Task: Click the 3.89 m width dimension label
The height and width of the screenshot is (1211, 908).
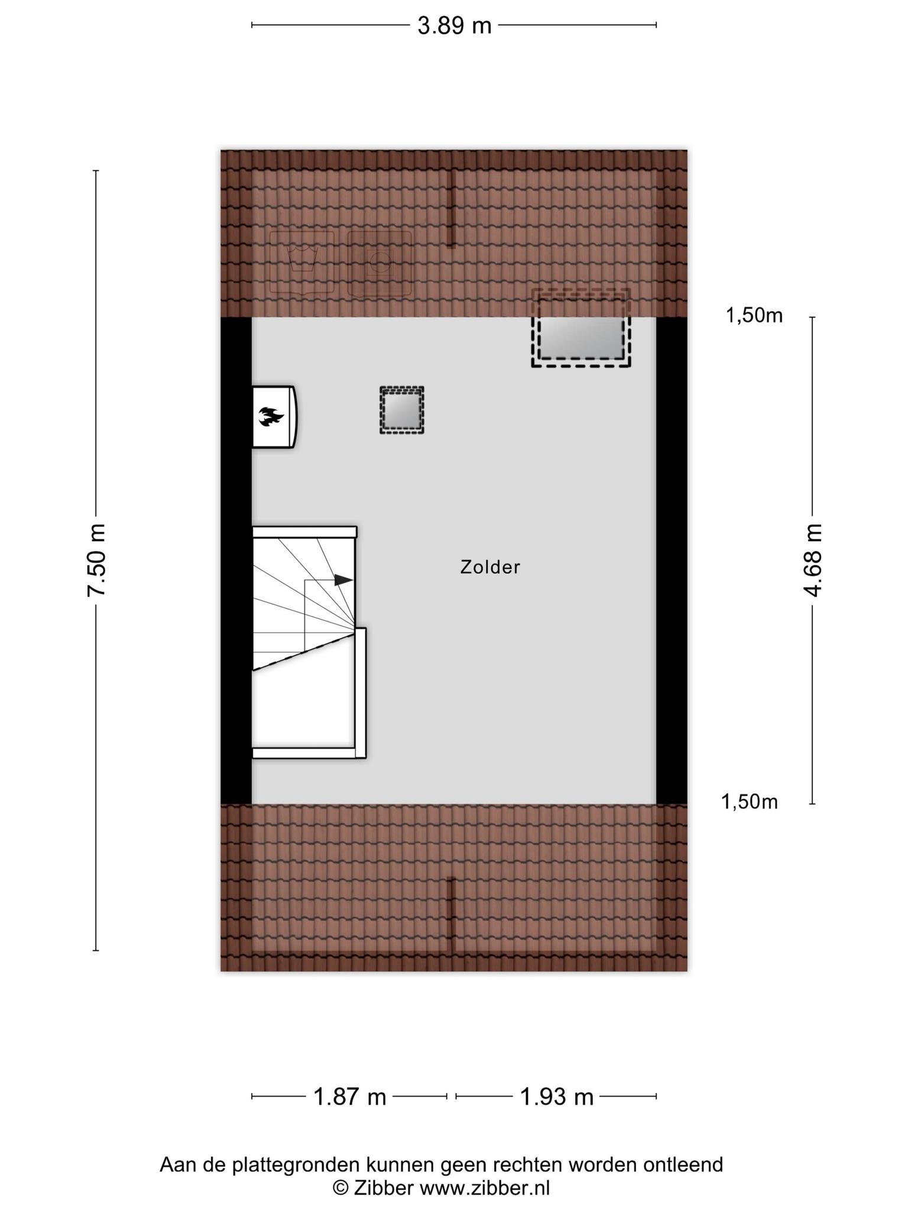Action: pos(454,25)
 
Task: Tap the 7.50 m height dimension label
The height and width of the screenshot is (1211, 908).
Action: pos(96,560)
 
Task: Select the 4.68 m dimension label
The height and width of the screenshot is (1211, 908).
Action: pos(814,560)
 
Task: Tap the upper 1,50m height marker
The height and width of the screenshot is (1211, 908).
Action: pos(754,316)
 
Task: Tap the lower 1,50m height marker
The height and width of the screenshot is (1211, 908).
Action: pos(750,802)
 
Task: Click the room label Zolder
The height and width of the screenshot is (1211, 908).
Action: pos(490,568)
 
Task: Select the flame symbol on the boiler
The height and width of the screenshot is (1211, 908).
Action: pos(271,417)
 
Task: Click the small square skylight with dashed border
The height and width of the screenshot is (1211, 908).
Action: pos(402,410)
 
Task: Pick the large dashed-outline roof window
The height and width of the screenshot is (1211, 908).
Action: pos(581,328)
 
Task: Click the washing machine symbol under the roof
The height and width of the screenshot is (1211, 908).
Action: pos(301,263)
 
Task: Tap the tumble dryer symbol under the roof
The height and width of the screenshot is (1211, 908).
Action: pos(380,263)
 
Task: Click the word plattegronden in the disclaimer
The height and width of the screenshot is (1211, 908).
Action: pos(296,1164)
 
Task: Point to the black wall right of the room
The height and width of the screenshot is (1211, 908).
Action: pos(672,561)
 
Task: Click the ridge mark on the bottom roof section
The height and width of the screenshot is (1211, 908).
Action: pos(451,914)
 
